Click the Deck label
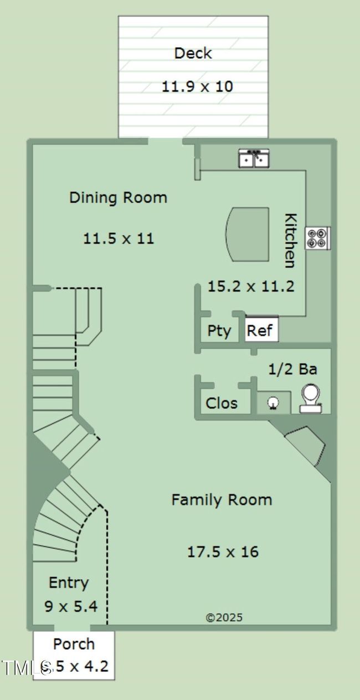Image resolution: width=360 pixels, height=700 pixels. (193, 53)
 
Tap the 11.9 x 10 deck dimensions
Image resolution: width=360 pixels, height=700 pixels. (197, 86)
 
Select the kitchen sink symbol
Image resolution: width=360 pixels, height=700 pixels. (254, 159)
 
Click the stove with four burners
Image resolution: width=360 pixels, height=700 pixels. (317, 238)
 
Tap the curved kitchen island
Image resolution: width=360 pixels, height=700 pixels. (248, 234)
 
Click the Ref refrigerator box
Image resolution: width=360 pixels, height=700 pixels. (260, 330)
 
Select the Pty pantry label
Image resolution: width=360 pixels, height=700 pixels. (219, 331)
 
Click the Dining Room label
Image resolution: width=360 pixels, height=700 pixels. (118, 197)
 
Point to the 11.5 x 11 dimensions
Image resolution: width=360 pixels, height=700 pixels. (119, 239)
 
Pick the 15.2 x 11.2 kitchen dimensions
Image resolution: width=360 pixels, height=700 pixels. (250, 286)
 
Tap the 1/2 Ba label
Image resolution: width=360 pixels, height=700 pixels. (292, 369)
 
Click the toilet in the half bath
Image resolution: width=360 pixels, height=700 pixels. (311, 398)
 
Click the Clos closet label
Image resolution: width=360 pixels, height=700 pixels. (222, 403)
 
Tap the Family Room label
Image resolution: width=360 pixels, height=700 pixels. (222, 499)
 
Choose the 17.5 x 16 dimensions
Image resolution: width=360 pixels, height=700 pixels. (223, 552)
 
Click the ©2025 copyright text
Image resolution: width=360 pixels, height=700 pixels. (224, 617)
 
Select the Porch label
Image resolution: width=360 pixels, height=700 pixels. (74, 644)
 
